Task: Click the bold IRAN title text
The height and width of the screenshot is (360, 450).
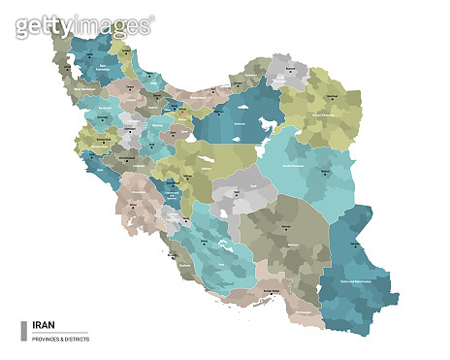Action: click(x=44, y=326)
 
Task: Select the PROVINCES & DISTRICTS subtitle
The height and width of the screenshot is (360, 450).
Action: click(x=61, y=338)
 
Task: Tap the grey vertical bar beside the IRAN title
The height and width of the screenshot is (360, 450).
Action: click(x=23, y=331)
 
